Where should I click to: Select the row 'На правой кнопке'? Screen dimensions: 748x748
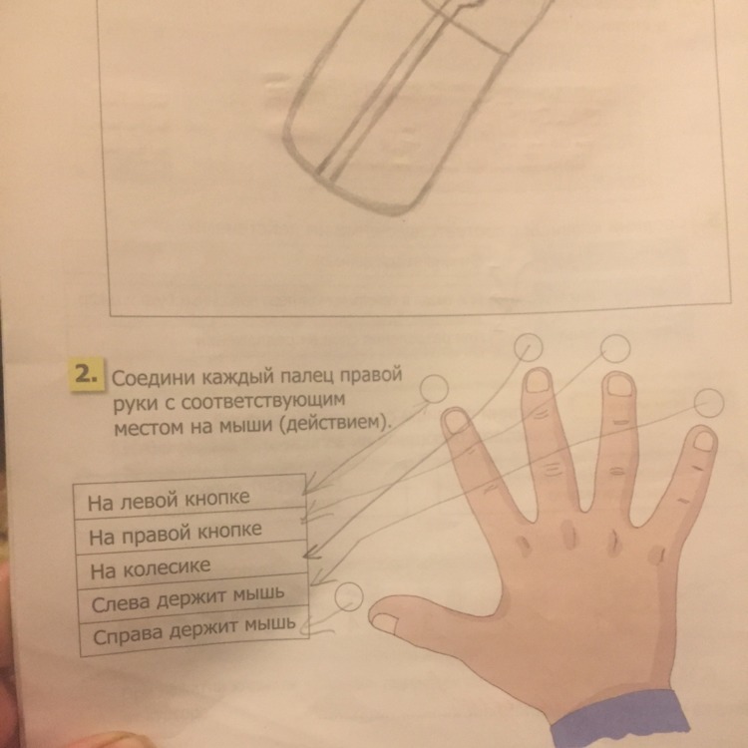(190, 532)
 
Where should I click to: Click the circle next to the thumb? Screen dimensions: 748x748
(349, 596)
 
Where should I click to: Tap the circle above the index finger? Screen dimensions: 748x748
(434, 388)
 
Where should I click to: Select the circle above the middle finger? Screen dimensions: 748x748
(529, 347)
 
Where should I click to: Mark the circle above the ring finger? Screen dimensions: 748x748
(615, 348)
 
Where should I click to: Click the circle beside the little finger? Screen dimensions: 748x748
(709, 403)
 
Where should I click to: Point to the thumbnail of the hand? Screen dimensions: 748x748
(385, 624)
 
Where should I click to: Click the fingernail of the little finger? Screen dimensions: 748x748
(702, 441)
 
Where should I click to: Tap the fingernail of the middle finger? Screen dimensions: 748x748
(539, 382)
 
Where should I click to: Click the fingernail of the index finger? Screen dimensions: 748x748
(457, 422)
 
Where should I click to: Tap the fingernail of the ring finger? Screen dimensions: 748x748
(619, 386)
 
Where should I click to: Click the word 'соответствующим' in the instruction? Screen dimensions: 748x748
(263, 400)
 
